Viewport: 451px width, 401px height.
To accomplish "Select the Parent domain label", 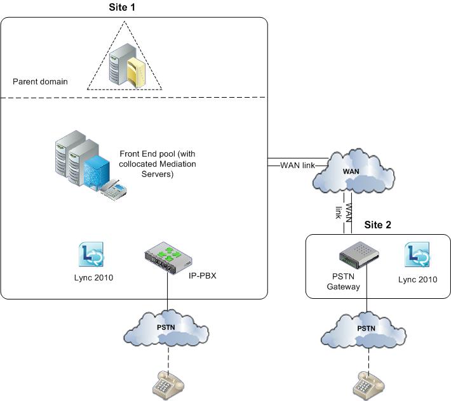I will point(40,82).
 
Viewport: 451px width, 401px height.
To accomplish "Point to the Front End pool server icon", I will point(85,162).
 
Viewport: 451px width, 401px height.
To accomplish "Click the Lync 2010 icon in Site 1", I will point(90,255).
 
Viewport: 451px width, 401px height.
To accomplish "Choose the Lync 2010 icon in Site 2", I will point(418,255).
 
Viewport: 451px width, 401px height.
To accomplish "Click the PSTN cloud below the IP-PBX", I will point(168,327).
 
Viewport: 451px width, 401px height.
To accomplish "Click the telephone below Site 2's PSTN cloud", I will point(367,384).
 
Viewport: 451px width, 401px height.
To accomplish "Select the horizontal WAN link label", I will point(297,166).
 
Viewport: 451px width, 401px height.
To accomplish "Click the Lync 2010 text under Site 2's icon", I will point(418,279).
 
